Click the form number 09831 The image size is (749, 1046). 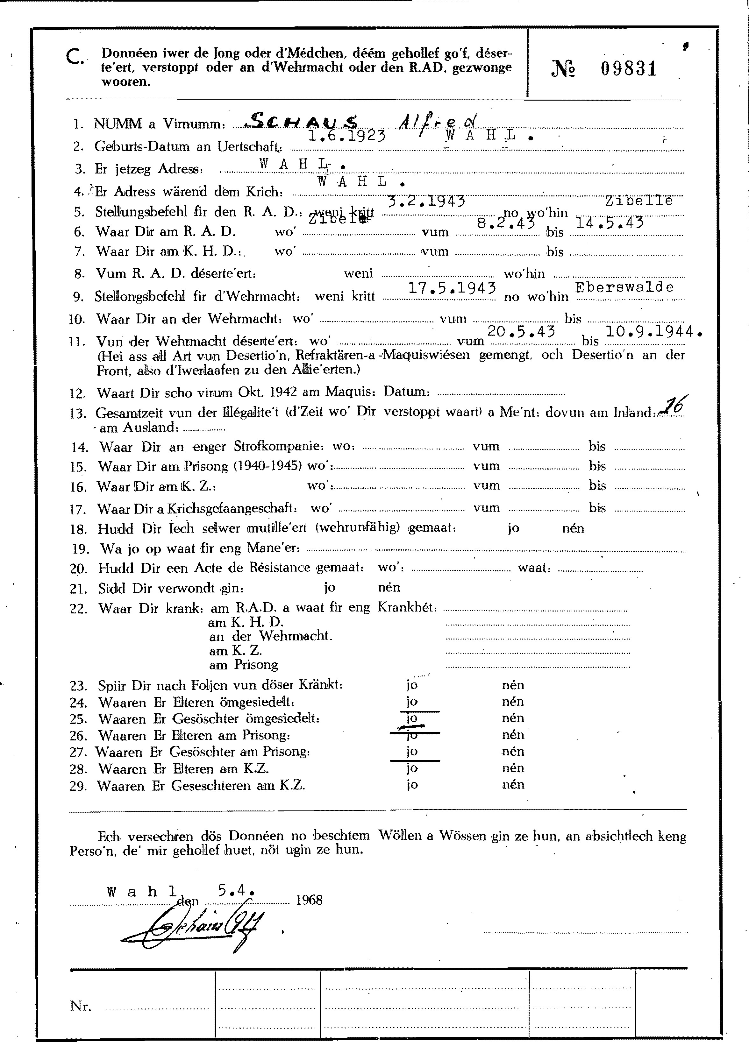(x=628, y=69)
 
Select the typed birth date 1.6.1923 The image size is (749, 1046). (x=346, y=136)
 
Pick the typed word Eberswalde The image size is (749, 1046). (x=624, y=287)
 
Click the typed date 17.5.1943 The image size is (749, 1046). (x=452, y=288)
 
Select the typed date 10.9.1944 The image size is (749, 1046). (x=653, y=331)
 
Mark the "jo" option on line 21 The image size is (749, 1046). (x=329, y=587)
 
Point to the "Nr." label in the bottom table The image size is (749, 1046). (x=80, y=1006)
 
